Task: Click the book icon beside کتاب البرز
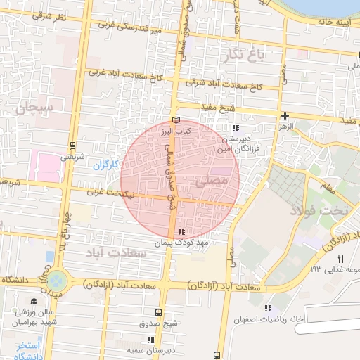tap(175, 121)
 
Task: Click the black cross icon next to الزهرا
tap(285, 115)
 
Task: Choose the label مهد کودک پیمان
tap(183, 242)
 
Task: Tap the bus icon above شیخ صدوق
tap(157, 311)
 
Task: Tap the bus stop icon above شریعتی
tap(72, 146)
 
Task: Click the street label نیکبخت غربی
tap(113, 191)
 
